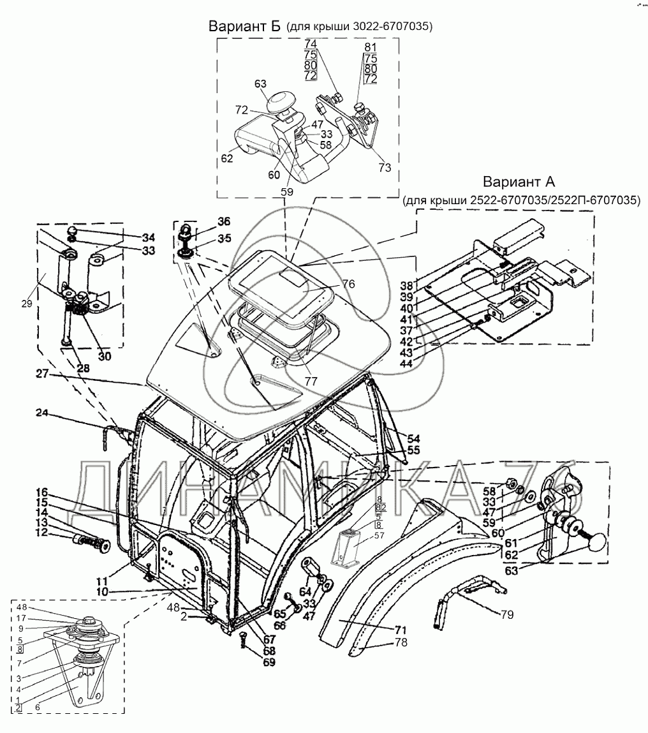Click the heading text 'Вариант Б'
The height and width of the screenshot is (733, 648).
pyautogui.click(x=244, y=26)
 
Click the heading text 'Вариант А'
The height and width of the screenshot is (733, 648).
pyautogui.click(x=519, y=181)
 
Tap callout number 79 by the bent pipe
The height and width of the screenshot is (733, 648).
pyautogui.click(x=506, y=614)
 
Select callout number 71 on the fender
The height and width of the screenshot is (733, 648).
pyautogui.click(x=400, y=629)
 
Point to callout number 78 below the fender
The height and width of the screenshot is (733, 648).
pyautogui.click(x=401, y=642)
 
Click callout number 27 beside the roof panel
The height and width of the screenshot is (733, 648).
pyautogui.click(x=43, y=374)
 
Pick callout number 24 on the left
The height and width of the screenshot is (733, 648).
pyautogui.click(x=42, y=413)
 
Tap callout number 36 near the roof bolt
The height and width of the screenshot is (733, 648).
pyautogui.click(x=224, y=221)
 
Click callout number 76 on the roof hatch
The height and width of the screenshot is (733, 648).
pyautogui.click(x=348, y=284)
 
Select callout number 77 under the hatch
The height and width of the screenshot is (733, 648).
pyautogui.click(x=311, y=381)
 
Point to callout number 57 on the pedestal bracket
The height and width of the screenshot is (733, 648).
pyautogui.click(x=379, y=535)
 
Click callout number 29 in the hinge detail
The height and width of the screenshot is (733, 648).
pyautogui.click(x=27, y=304)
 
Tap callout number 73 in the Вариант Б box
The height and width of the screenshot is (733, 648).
pyautogui.click(x=385, y=167)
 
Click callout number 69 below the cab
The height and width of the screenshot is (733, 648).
pyautogui.click(x=269, y=662)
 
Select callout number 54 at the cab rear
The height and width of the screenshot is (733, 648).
pyautogui.click(x=413, y=438)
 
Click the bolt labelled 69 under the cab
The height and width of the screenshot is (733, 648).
pyautogui.click(x=243, y=639)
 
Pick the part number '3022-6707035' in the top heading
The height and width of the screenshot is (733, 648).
pyautogui.click(x=390, y=27)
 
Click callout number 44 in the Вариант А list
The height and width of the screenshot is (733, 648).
pyautogui.click(x=406, y=362)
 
